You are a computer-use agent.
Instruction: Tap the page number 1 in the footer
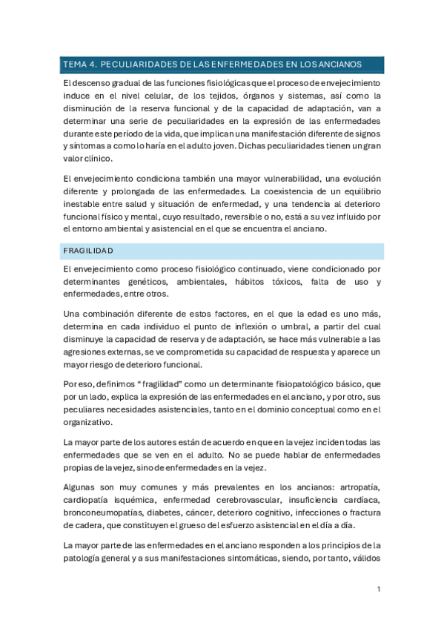click(x=378, y=589)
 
